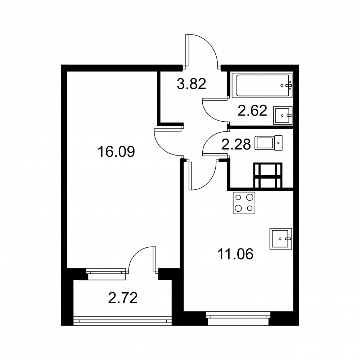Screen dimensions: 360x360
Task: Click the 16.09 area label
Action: [x=116, y=152]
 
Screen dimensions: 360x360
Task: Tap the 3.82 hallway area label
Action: [x=192, y=84]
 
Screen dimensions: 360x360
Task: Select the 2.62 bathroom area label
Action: [x=252, y=111]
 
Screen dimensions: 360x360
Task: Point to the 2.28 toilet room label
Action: [x=236, y=145]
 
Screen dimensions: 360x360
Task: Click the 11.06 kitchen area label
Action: [x=235, y=254]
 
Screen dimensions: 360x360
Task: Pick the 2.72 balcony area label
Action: [x=123, y=298]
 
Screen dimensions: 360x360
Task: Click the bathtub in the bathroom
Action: [x=262, y=85]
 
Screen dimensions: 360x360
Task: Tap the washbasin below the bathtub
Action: [x=283, y=116]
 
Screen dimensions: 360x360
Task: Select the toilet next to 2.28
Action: [x=269, y=143]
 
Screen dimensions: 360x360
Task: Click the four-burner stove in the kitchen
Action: [x=244, y=203]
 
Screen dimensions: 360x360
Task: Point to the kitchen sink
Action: [x=280, y=239]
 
